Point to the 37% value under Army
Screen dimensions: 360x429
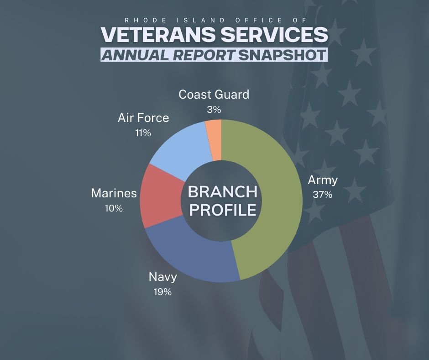pos(322,195)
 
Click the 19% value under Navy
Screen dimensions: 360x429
pos(163,291)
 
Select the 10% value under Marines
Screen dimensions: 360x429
pos(114,208)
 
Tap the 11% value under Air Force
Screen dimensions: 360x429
pos(143,133)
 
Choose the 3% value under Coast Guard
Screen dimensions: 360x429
pos(214,110)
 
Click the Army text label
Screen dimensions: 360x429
pos(323,180)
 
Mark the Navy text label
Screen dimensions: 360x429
pos(163,277)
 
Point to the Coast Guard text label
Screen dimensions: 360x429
pos(214,95)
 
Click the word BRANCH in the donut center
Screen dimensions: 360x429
pos(222,192)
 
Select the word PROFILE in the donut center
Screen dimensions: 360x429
pos(222,210)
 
